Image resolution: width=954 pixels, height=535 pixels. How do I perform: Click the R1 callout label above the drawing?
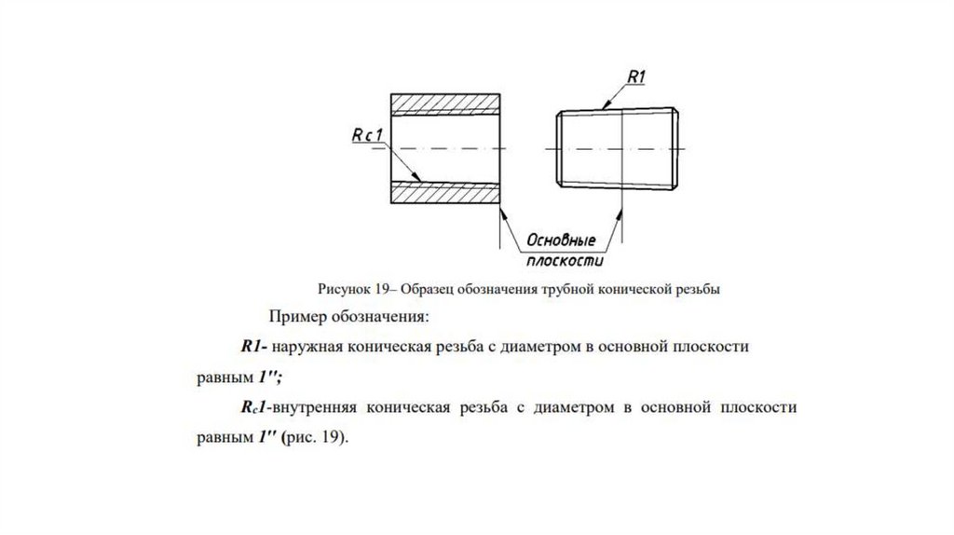pos(636,76)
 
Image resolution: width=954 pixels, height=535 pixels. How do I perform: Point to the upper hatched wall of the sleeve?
pos(444,102)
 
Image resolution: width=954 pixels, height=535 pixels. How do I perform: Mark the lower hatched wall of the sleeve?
pos(444,192)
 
